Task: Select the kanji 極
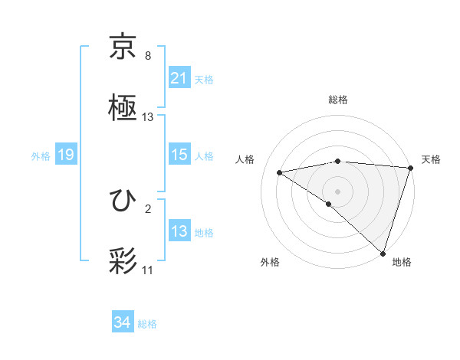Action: click(x=123, y=108)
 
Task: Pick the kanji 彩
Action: click(x=123, y=261)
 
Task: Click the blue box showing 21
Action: click(x=179, y=78)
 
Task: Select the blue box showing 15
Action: click(x=179, y=155)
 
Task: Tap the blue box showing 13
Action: click(x=179, y=231)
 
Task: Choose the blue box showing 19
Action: click(x=66, y=155)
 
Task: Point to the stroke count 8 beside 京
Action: click(x=148, y=56)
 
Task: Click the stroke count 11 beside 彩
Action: click(x=148, y=270)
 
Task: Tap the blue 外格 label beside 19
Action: click(x=41, y=155)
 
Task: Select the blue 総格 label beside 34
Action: click(x=147, y=324)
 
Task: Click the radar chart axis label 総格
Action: click(x=338, y=100)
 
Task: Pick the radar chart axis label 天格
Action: click(x=431, y=159)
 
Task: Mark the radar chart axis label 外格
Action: click(x=270, y=262)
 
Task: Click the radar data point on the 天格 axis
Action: click(x=410, y=168)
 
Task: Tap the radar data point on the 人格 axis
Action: click(x=280, y=172)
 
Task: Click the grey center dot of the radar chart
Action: click(x=337, y=191)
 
